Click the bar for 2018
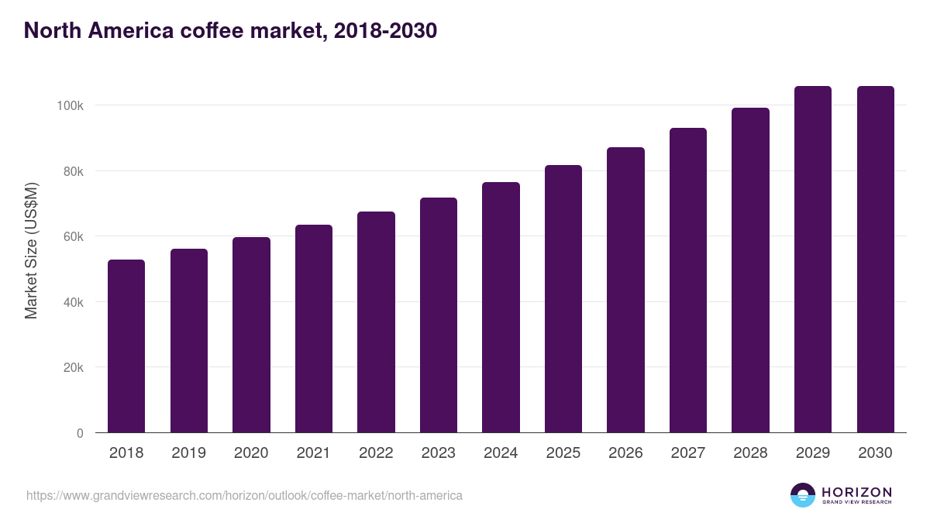tap(126, 346)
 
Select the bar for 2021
tap(314, 329)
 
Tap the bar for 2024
tap(501, 308)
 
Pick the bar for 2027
tap(688, 280)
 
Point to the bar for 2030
tap(875, 260)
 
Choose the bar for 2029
tap(813, 260)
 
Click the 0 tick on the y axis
tap(80, 433)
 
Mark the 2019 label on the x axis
tap(188, 453)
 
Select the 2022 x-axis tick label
tap(376, 453)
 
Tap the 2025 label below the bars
tap(563, 453)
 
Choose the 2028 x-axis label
tap(750, 453)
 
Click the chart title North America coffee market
tap(230, 31)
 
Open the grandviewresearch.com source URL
tap(244, 495)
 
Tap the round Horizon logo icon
tap(803, 495)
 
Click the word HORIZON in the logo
tap(856, 492)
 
